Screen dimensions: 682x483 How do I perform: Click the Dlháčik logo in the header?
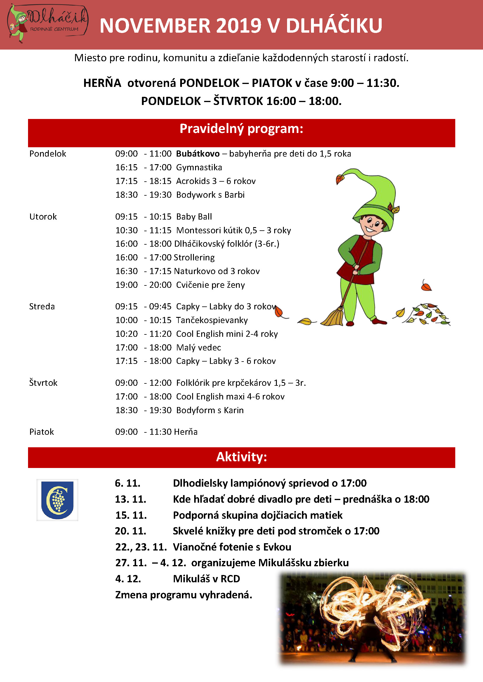coord(48,24)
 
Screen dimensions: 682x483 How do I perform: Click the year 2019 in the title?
coord(239,26)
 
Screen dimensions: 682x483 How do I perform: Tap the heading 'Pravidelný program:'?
coord(241,129)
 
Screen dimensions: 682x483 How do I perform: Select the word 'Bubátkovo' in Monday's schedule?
coord(198,154)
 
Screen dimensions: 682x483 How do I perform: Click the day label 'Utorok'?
coord(43,217)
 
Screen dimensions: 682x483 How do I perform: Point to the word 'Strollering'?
coord(194,257)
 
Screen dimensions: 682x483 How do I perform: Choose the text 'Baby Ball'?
coord(194,217)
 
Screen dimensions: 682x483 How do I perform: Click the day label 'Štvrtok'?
coord(44,383)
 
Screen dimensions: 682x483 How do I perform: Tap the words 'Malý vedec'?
coord(198,347)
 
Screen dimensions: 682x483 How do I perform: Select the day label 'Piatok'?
coord(42,432)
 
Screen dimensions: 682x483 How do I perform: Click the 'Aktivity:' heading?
coord(241,457)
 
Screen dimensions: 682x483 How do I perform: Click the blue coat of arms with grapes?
coord(58,500)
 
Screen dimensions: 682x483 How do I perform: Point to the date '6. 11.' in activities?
coord(128,483)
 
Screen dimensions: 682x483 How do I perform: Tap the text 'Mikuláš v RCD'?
coord(206,578)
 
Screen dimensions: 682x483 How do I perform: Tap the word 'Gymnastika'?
coord(199,167)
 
